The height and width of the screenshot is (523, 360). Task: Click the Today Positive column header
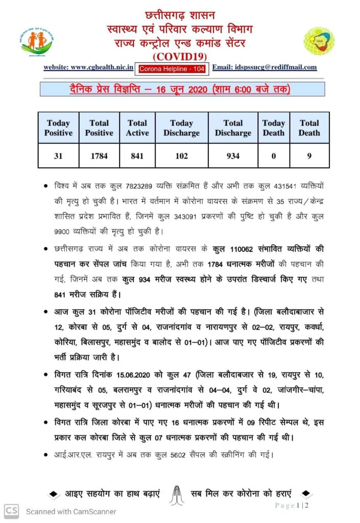click(58, 128)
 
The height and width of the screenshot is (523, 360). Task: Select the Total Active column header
click(137, 128)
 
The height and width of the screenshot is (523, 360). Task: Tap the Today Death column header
click(273, 128)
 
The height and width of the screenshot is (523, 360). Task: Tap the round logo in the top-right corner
click(320, 40)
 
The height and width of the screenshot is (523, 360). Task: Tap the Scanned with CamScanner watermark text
click(71, 511)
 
